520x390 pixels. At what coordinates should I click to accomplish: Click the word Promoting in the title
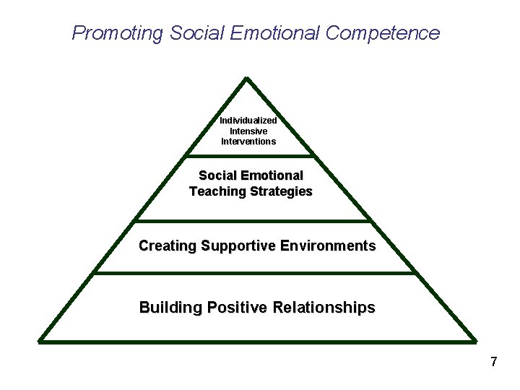coord(118,33)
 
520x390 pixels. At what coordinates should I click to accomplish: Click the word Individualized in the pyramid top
coord(248,121)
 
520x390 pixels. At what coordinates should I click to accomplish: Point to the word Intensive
coord(248,131)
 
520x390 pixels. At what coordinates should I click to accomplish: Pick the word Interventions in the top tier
coord(248,142)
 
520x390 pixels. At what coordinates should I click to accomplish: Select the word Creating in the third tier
coord(168,246)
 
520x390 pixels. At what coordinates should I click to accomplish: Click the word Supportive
coord(237,246)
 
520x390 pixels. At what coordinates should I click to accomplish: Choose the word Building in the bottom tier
coord(171,308)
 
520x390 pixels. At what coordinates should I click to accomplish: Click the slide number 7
coord(494,362)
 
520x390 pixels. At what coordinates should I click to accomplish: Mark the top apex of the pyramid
coord(247,78)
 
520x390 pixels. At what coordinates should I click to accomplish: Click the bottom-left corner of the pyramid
coord(40,339)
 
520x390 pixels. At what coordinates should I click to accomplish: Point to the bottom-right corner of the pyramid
coord(475,339)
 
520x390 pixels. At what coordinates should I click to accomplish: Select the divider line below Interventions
coord(250,155)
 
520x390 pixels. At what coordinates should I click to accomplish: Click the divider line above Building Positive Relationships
coord(254,273)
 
